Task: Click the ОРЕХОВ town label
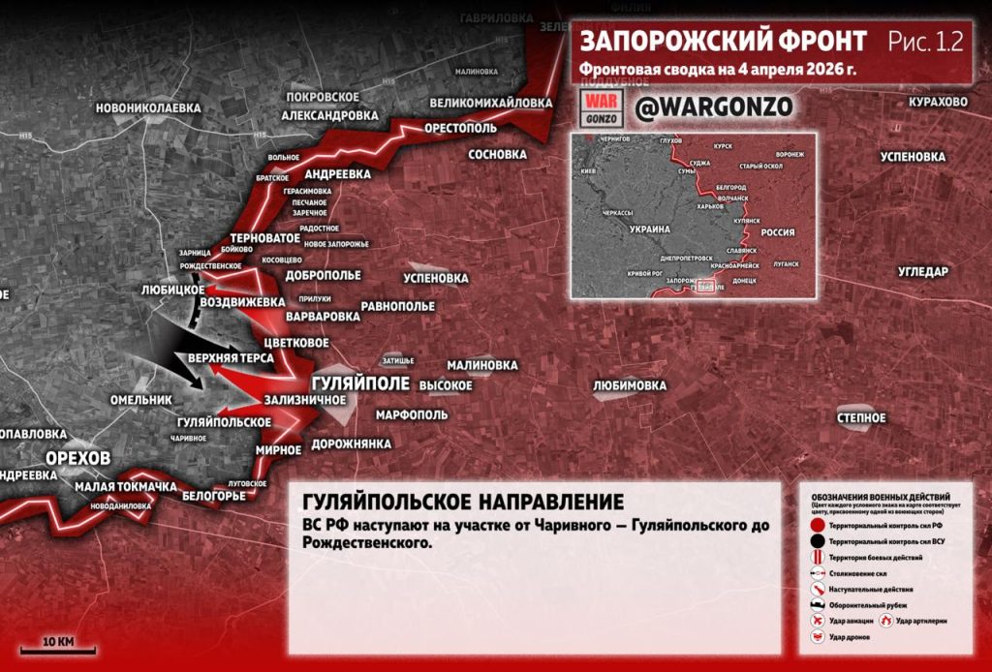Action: click(x=78, y=457)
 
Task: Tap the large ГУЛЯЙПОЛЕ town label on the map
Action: click(x=360, y=382)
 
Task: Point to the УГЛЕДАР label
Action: click(x=922, y=272)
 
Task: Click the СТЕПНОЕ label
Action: click(x=861, y=417)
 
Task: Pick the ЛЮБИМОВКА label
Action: click(x=630, y=385)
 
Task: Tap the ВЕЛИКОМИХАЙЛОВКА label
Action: click(x=490, y=103)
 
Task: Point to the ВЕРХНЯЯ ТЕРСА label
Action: click(x=232, y=358)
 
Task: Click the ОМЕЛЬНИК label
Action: click(x=140, y=400)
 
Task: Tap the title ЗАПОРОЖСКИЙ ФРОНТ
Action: click(x=723, y=41)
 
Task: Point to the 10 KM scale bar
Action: click(x=58, y=650)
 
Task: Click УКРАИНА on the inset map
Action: click(x=649, y=229)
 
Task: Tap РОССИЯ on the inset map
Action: click(x=775, y=232)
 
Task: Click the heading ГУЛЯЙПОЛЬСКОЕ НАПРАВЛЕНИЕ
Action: click(x=463, y=503)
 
